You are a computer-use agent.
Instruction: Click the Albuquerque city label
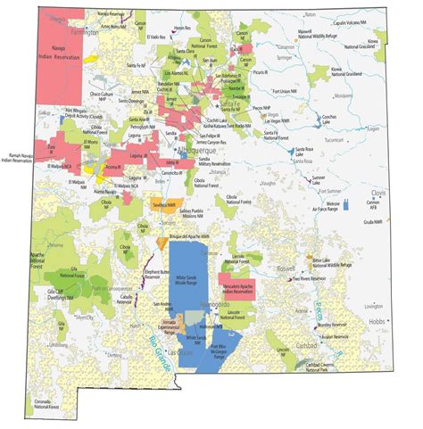(x=200, y=152)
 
